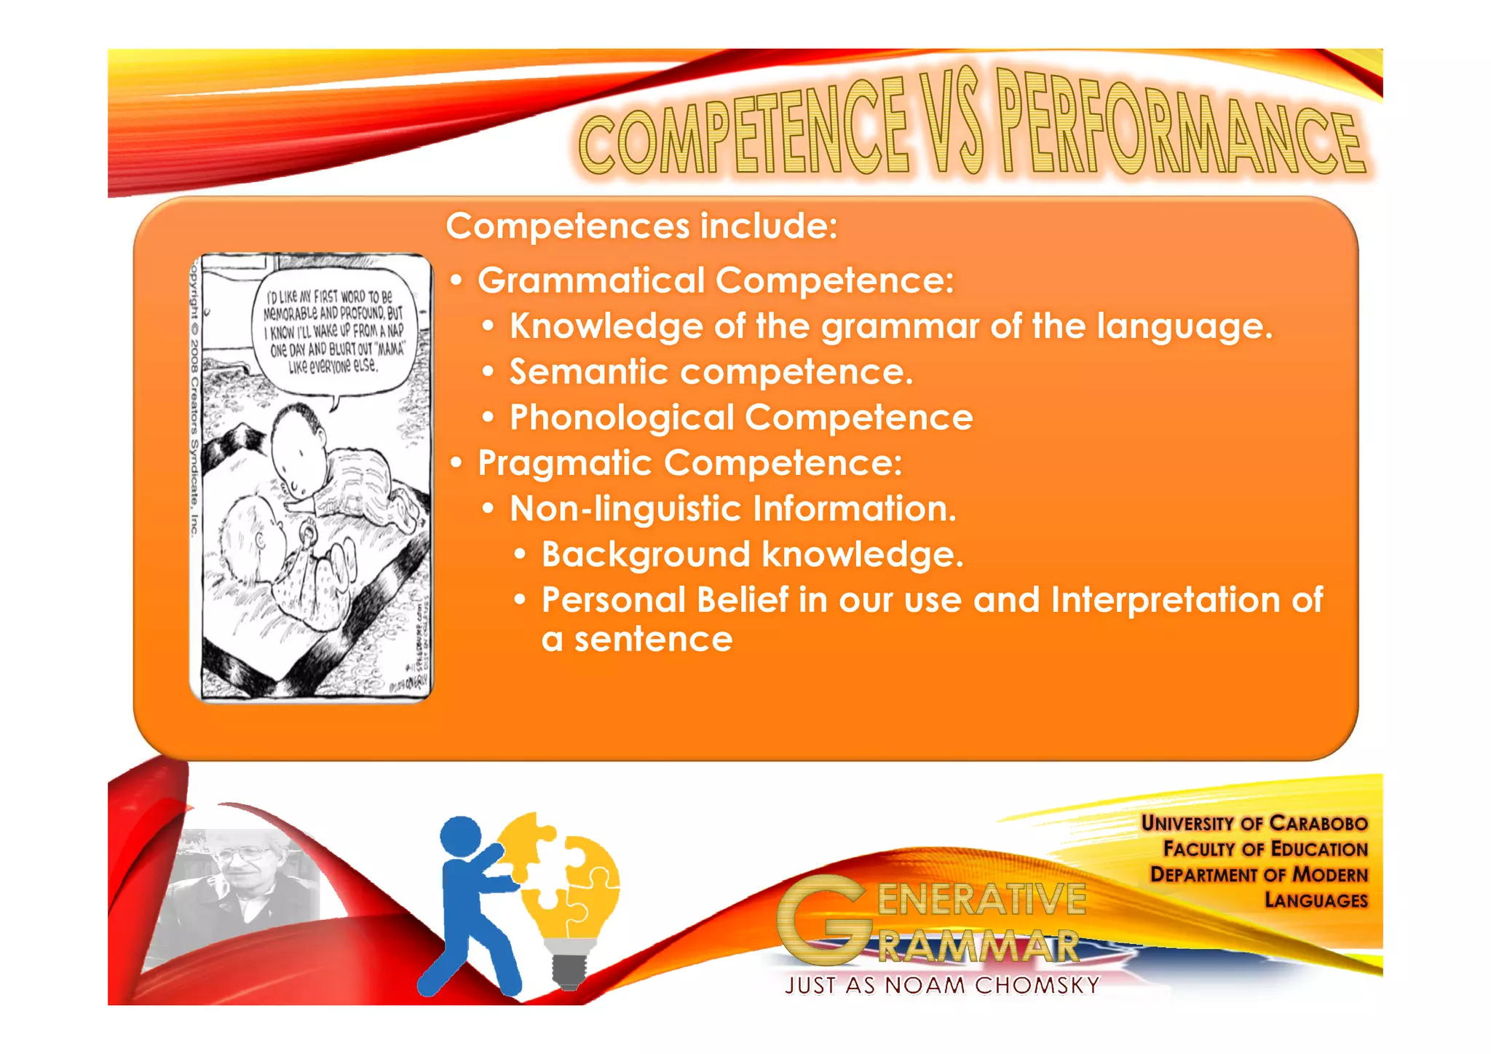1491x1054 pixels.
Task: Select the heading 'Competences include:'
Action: pos(641,226)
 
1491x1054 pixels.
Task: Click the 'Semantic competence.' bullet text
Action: pos(711,372)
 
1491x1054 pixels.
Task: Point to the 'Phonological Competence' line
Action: pos(741,418)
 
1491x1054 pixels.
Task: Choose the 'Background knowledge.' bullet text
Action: pos(752,555)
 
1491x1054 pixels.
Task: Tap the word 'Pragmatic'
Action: pos(564,463)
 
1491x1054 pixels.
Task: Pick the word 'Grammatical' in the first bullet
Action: pos(591,281)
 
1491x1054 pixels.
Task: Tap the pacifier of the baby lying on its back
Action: pos(309,535)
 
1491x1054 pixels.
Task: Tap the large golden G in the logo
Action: pos(823,918)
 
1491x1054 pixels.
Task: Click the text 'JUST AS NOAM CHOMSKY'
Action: pos(942,986)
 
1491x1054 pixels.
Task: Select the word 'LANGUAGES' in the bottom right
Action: pos(1316,901)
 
